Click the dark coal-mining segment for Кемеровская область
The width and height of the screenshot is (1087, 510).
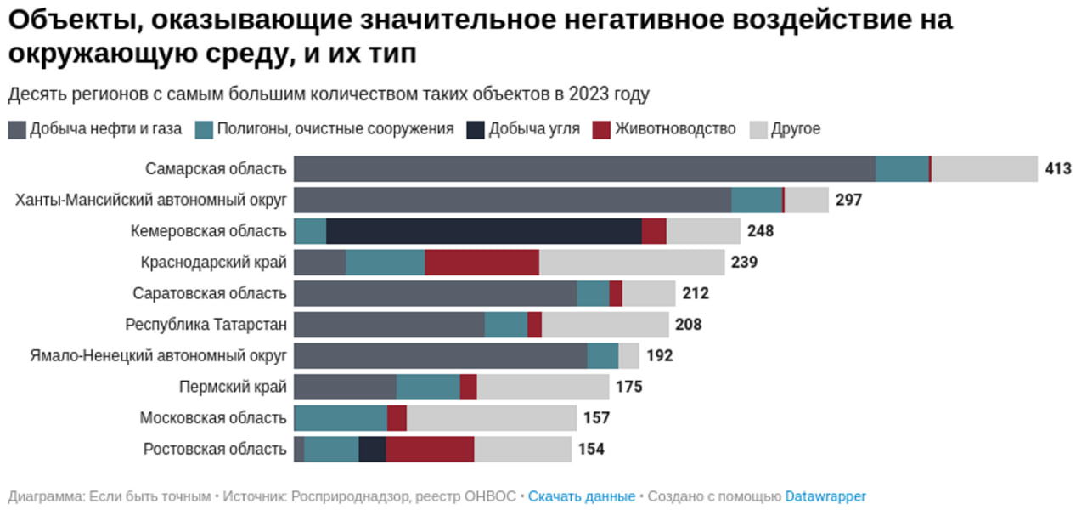click(483, 231)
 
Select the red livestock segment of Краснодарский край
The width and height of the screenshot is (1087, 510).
click(482, 263)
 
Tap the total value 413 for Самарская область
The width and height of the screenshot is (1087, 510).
click(1058, 169)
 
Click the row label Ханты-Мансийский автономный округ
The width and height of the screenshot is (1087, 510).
click(151, 201)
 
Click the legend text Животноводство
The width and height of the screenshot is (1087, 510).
click(675, 129)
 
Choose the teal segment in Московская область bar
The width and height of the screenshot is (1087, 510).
click(341, 418)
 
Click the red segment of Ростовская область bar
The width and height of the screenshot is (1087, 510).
click(430, 450)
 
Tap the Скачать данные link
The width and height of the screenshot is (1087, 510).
click(581, 496)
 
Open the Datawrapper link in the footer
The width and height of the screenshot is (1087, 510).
click(825, 496)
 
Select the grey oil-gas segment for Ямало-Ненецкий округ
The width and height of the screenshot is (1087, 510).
click(440, 356)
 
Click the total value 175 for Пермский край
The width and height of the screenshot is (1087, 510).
click(629, 388)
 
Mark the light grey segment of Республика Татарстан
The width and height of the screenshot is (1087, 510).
click(605, 325)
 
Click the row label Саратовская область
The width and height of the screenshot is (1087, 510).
click(210, 294)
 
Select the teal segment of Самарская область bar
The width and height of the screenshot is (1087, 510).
click(902, 169)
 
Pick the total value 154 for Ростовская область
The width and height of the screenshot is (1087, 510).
click(591, 450)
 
